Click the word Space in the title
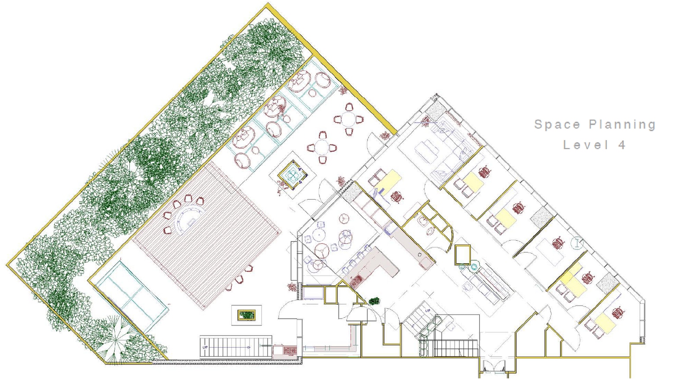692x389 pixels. pyautogui.click(x=557, y=124)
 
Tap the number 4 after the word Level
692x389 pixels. pyautogui.click(x=622, y=145)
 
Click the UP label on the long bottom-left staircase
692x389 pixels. pyautogui.click(x=205, y=347)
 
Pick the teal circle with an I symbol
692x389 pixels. pyautogui.click(x=577, y=243)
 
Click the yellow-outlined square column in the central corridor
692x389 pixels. pyautogui.click(x=462, y=254)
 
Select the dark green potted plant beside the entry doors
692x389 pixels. pyautogui.click(x=374, y=301)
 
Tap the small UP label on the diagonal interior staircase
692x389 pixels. pyautogui.click(x=428, y=311)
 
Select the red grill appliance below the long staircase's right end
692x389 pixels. pyautogui.click(x=290, y=350)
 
